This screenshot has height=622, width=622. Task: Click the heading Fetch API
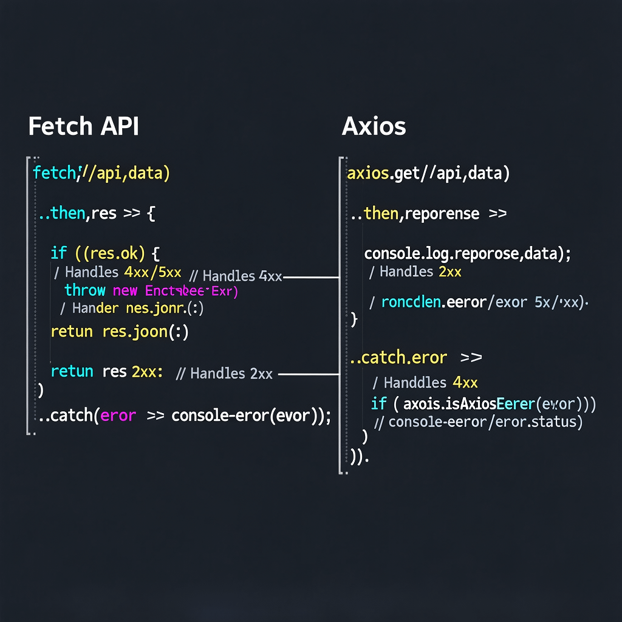tap(83, 126)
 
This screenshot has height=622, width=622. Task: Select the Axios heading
tap(374, 126)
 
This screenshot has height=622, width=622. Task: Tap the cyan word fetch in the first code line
tap(53, 173)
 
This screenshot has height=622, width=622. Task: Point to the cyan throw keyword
tap(85, 291)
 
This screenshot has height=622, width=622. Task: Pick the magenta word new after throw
tap(126, 291)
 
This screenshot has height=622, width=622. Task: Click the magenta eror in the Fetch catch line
tap(118, 416)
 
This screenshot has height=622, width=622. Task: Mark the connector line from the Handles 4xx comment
tap(311, 277)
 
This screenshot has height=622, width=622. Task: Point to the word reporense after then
tap(442, 214)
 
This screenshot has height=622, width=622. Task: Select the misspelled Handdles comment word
tap(415, 383)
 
